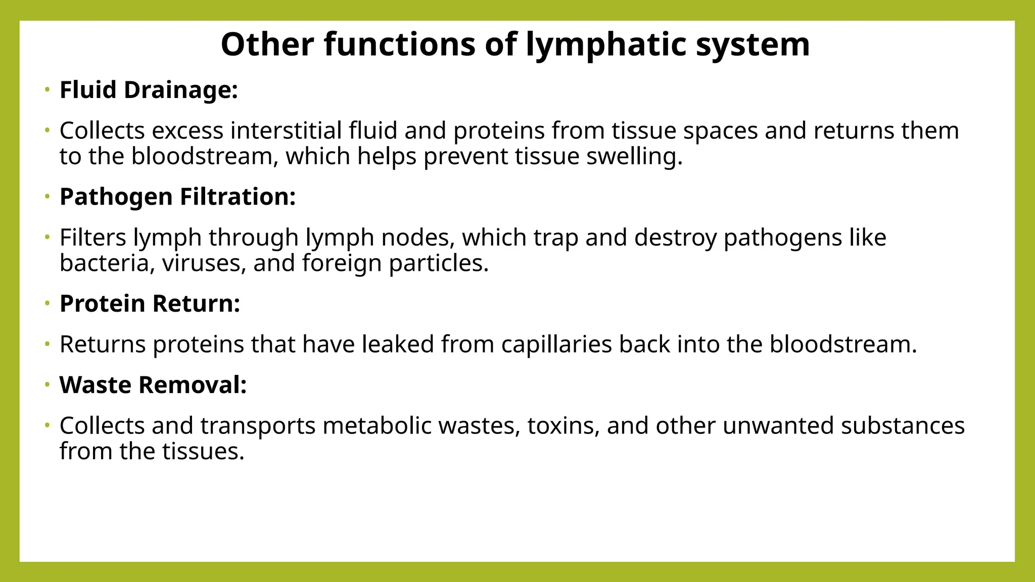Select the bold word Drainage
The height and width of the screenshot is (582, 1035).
pos(180,90)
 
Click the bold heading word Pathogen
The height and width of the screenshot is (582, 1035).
pos(116,197)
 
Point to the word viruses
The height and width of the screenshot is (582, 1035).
pos(204,263)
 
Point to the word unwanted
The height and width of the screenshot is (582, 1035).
pos(778,426)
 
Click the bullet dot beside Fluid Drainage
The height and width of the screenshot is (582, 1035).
pos(47,90)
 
